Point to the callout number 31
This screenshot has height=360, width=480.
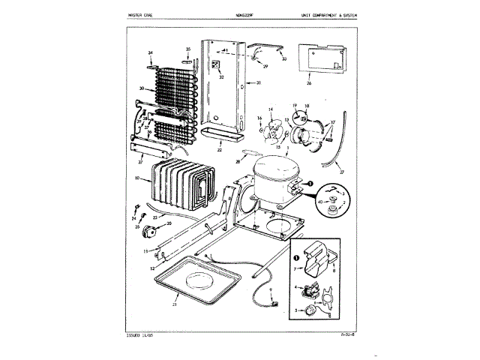257,82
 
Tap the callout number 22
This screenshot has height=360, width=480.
219,150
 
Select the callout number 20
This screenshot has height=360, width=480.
169,223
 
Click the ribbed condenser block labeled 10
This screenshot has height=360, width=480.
178,185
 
